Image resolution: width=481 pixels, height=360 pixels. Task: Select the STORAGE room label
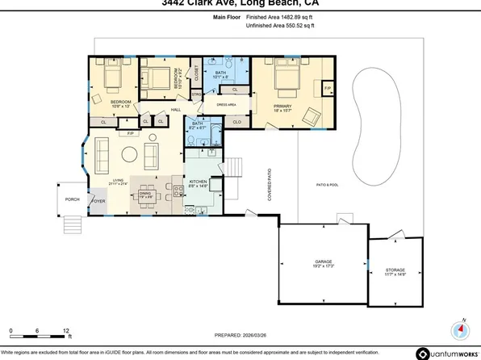click(x=395, y=270)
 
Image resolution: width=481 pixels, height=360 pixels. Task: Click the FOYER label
click(x=98, y=203)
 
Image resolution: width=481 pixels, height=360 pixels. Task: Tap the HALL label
click(x=174, y=109)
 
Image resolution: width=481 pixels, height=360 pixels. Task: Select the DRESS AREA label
click(x=226, y=106)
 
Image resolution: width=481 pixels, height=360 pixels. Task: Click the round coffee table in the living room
click(x=128, y=153)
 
